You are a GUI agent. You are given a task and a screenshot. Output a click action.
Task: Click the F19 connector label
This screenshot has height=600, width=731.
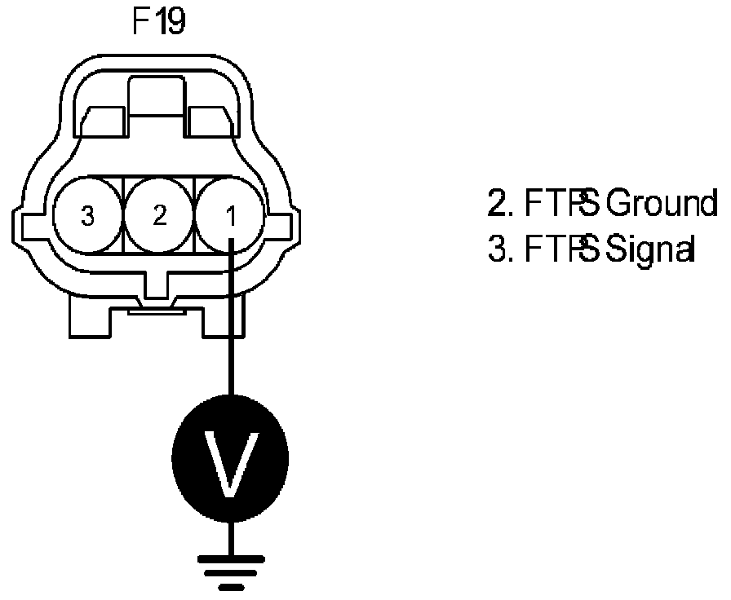coord(158,22)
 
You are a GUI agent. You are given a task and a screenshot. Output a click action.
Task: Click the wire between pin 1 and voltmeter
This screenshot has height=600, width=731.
coord(232,326)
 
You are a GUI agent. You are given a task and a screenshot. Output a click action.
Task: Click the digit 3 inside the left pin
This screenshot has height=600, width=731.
coord(88,217)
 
